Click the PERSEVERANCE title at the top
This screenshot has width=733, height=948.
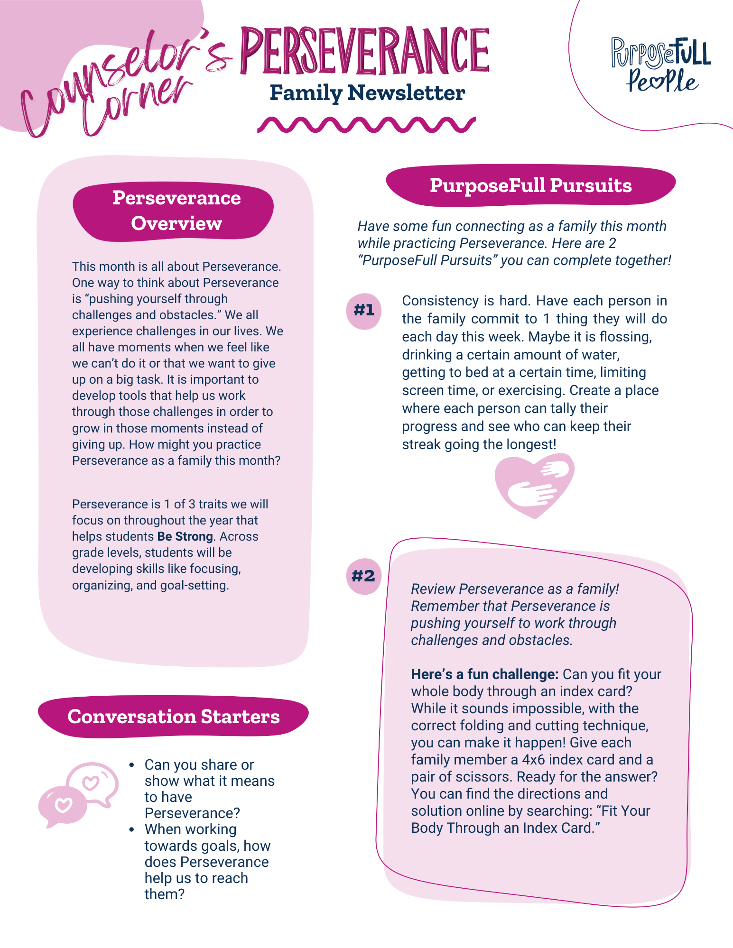[x=364, y=51]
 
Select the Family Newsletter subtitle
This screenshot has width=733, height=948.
[x=367, y=93]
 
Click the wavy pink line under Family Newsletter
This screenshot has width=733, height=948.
[x=366, y=124]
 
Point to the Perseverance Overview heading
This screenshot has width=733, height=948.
[x=176, y=211]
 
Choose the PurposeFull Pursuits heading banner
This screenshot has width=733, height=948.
[x=530, y=185]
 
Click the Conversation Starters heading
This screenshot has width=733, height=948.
[x=173, y=717]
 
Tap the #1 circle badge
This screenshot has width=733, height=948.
[x=364, y=311]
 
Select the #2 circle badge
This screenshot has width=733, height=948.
[x=363, y=576]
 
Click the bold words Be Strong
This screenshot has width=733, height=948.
[x=185, y=536]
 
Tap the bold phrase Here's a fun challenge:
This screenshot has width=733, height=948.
[x=484, y=674]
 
